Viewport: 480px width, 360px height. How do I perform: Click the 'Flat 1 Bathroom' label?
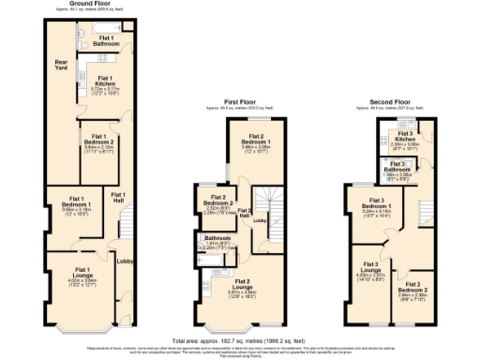click(104, 39)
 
